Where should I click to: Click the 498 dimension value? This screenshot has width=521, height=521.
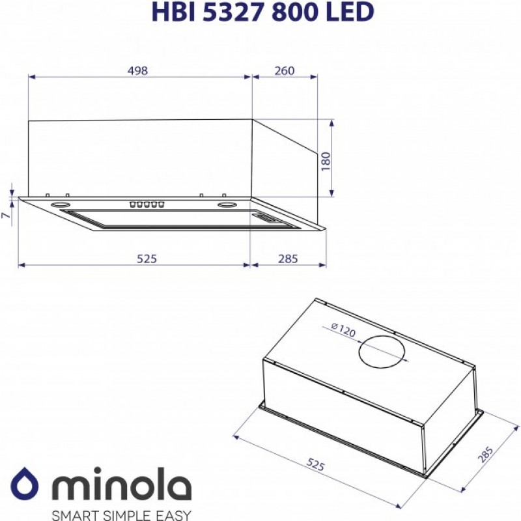point(137,71)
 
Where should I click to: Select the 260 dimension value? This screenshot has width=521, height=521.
point(285,71)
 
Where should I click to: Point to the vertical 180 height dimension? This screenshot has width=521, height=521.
point(327,162)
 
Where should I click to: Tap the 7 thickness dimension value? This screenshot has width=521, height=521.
point(6,216)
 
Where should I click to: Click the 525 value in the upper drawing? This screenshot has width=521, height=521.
point(147,259)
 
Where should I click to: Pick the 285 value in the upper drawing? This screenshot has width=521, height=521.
point(288,259)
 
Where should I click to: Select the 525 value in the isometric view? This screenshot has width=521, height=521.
point(315,464)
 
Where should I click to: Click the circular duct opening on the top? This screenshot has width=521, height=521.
point(382,352)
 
